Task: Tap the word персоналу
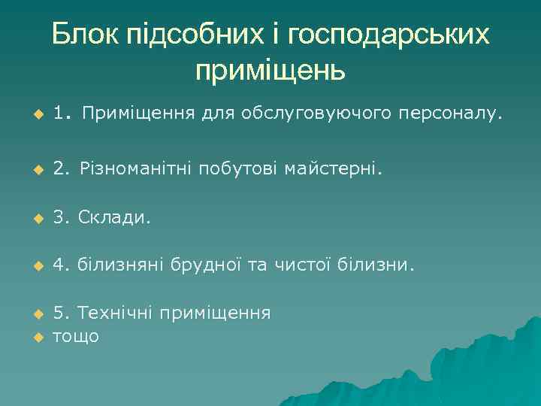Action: [445, 114]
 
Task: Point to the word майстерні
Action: [334, 170]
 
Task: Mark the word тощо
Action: [75, 335]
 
